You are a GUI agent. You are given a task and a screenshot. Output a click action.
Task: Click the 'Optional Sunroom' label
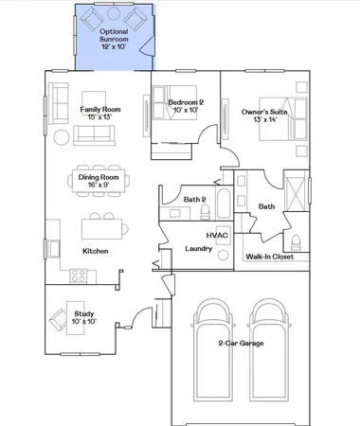(114, 36)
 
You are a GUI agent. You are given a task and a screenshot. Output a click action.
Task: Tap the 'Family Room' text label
(100, 109)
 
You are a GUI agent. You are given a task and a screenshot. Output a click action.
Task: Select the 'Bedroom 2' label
(186, 102)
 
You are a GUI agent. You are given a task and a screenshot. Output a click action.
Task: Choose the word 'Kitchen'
(95, 251)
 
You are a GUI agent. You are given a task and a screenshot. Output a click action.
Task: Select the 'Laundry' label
(197, 248)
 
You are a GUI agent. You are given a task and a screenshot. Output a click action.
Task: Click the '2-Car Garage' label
(240, 370)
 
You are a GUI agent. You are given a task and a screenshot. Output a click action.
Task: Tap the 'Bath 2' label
(194, 199)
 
